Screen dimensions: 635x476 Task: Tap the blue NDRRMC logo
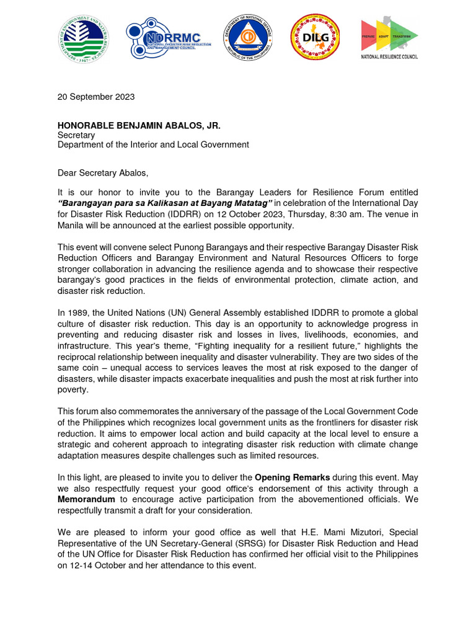tap(168, 38)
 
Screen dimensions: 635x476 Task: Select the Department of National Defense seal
tap(247, 38)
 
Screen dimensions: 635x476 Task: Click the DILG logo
tap(315, 38)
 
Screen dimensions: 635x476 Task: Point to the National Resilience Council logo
tap(390, 38)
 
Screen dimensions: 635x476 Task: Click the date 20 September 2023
tap(96, 97)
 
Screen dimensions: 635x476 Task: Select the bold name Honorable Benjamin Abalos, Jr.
tap(139, 126)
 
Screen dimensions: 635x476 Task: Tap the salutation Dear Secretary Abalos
tap(104, 173)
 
